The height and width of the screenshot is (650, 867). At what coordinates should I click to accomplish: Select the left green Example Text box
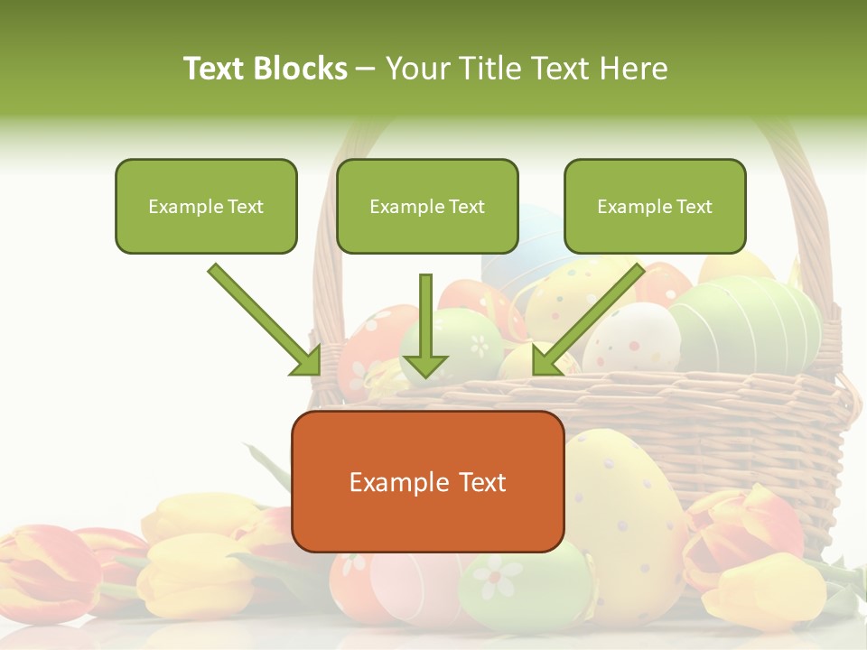(x=206, y=207)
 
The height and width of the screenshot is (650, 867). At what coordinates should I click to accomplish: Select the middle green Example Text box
(x=427, y=207)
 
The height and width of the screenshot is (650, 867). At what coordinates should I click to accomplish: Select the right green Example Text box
(x=655, y=207)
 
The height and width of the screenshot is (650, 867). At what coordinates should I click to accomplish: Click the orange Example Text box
(x=427, y=482)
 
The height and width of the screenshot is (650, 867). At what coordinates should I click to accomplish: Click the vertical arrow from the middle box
(x=425, y=325)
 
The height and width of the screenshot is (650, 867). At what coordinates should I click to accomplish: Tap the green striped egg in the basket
(x=750, y=320)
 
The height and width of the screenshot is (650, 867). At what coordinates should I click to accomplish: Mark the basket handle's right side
(x=813, y=226)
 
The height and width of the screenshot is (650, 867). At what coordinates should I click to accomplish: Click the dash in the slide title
(x=366, y=70)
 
